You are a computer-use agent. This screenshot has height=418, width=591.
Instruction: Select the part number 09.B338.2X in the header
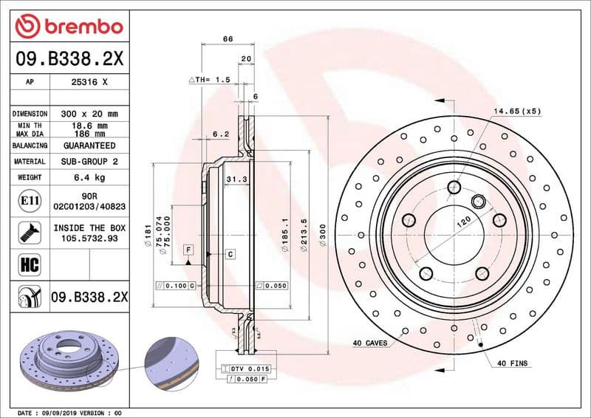(69, 58)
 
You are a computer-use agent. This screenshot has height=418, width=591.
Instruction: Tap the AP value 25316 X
(89, 83)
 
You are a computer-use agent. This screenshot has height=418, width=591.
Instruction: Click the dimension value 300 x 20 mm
(89, 114)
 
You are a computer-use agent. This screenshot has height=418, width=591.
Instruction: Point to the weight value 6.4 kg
(89, 177)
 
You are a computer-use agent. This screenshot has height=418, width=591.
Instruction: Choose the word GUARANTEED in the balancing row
(89, 145)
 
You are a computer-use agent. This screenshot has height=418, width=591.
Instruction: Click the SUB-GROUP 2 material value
(89, 161)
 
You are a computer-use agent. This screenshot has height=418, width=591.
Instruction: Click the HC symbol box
(25, 262)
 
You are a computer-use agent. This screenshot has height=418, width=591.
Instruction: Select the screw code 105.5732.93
(89, 239)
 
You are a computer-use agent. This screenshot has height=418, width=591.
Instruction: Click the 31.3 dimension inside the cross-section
(236, 179)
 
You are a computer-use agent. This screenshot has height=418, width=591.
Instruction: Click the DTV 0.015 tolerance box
(246, 367)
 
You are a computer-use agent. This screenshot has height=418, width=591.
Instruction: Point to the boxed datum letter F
(188, 250)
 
